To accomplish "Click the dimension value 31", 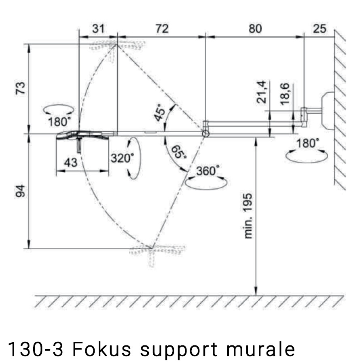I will (x=98, y=29).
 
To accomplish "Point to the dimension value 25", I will (x=319, y=29).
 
